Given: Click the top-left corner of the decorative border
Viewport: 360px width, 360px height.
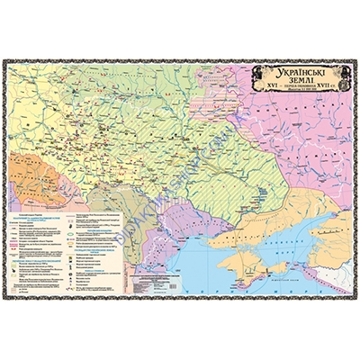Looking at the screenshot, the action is (x=4, y=60).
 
